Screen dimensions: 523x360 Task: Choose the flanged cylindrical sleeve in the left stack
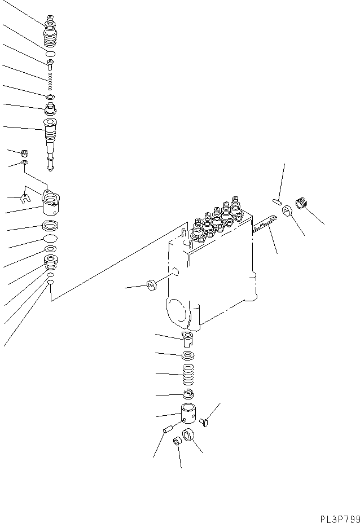pos(52,204)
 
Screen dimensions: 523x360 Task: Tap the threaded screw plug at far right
pos(304,204)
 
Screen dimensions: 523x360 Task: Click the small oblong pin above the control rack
pos(277,201)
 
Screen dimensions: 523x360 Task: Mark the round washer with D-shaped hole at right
pos(287,213)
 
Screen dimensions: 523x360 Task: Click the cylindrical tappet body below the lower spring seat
pos(189,417)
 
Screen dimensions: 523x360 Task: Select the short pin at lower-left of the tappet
pos(167,430)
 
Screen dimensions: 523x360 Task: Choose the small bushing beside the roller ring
pos(177,441)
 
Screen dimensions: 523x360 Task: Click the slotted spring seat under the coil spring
pos(188,394)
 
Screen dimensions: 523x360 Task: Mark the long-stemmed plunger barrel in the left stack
pos(50,138)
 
